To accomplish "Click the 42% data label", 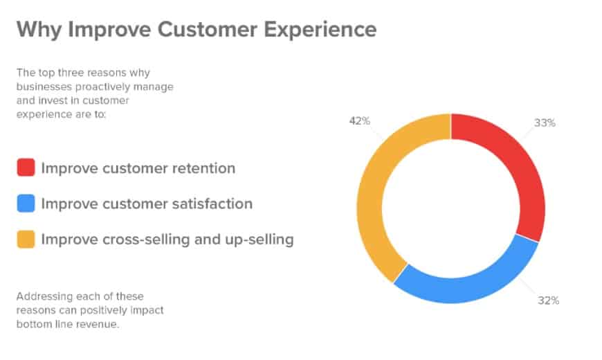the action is pos(359,121).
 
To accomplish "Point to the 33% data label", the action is pos(545,123).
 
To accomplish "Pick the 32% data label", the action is pos(548,300).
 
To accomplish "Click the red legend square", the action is pos(26,168).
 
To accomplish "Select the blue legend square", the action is pos(26,204).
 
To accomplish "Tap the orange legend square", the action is pos(26,239).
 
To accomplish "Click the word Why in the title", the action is pos(39,30).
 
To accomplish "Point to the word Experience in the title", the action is pos(320,30).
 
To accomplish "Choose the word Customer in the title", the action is pos(208,30).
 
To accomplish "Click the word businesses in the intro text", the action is pos(44,87).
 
